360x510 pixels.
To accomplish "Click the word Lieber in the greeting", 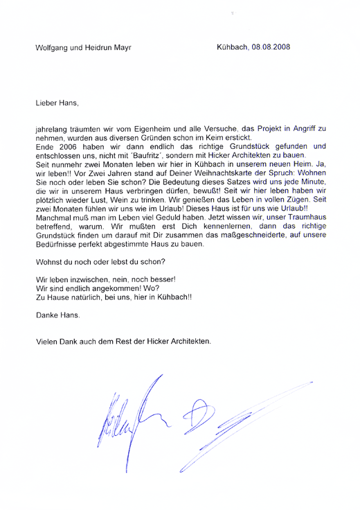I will point(46,103).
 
